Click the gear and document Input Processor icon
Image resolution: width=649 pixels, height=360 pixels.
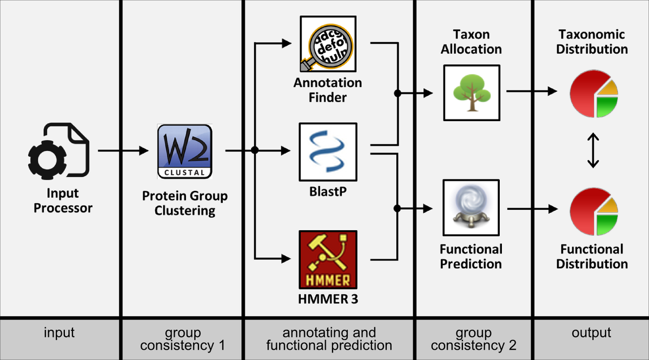coord(59,152)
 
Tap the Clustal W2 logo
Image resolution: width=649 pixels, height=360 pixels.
coord(184,152)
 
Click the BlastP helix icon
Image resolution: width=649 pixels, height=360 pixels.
coord(328,152)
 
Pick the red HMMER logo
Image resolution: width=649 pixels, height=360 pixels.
coord(328,259)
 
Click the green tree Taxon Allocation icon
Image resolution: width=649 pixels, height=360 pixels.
coord(471,92)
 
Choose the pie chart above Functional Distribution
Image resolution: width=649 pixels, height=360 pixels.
coord(593,212)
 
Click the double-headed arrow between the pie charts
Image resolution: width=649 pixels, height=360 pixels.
coord(593,152)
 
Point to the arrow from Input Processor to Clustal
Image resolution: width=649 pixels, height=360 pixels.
coord(123,151)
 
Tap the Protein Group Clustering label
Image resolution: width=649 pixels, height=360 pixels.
coord(184,203)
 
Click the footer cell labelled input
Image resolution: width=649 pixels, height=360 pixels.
coord(59,333)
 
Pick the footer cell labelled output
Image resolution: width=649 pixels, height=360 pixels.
coord(592,333)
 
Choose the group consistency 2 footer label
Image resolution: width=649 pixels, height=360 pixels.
coord(473,339)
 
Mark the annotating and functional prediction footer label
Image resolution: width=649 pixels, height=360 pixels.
coord(329,339)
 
